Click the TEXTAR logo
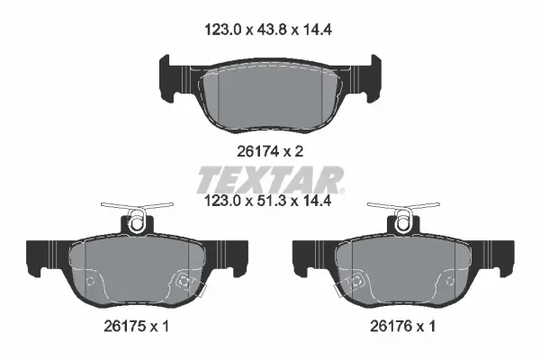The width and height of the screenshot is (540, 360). (x=270, y=180)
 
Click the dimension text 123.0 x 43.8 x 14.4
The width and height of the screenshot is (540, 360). (x=268, y=30)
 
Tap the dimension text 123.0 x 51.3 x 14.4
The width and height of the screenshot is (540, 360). (x=268, y=201)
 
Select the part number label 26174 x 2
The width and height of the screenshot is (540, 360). (x=270, y=151)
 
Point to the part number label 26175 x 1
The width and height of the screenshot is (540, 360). (x=137, y=326)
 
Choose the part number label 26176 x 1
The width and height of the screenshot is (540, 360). (x=402, y=326)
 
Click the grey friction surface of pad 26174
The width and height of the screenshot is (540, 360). (x=270, y=96)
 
